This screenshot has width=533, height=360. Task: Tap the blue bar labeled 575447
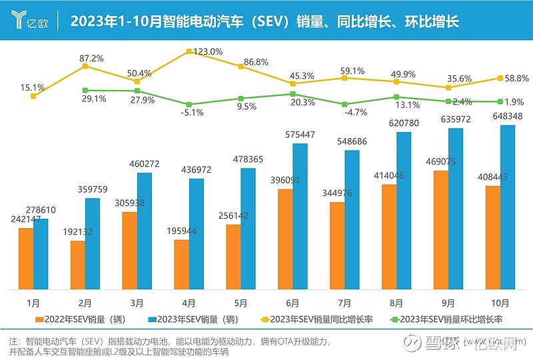point(300,216)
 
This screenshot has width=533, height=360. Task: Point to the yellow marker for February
point(85,66)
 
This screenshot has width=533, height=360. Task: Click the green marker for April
point(189,105)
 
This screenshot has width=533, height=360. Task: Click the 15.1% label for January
point(33,87)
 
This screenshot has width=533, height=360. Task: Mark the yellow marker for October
point(501,78)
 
